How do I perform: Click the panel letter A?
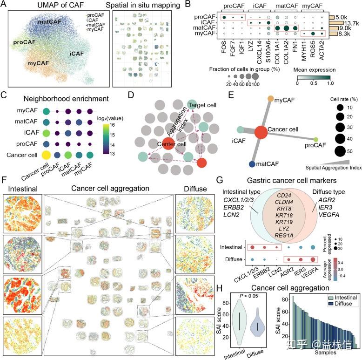(5, 6)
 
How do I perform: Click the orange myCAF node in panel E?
(271, 99)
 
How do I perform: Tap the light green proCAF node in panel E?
(316, 139)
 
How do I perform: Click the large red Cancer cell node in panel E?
(261, 131)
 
